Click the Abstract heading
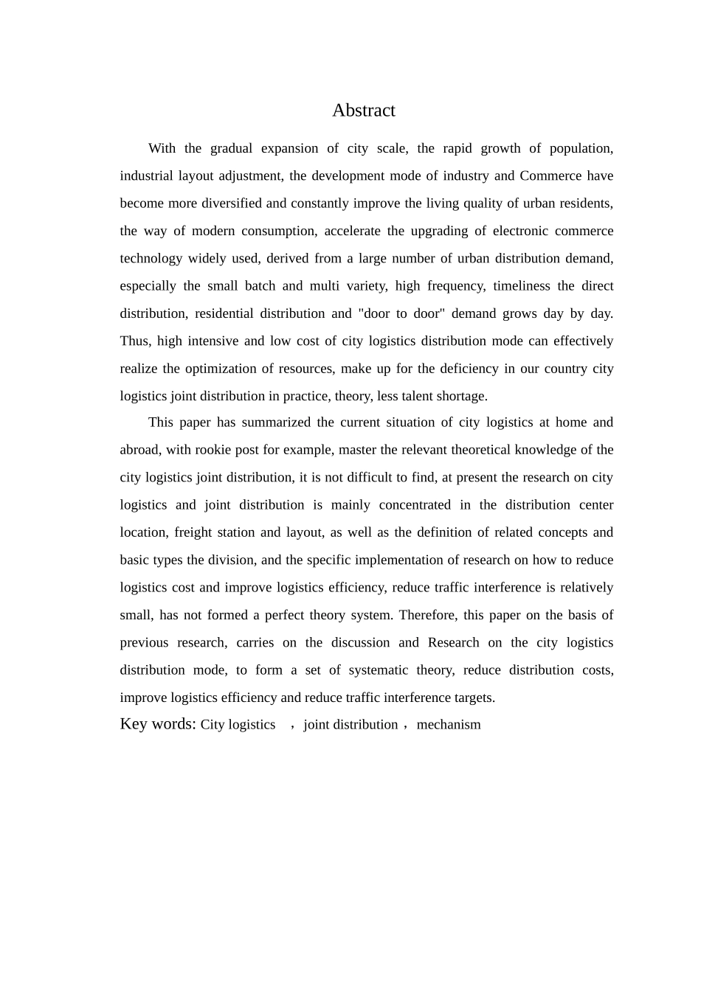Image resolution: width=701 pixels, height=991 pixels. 363,111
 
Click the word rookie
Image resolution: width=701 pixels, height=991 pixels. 214,450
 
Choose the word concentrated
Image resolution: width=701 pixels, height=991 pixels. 415,505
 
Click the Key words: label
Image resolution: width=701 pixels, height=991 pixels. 158,724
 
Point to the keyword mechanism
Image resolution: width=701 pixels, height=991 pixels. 449,725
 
